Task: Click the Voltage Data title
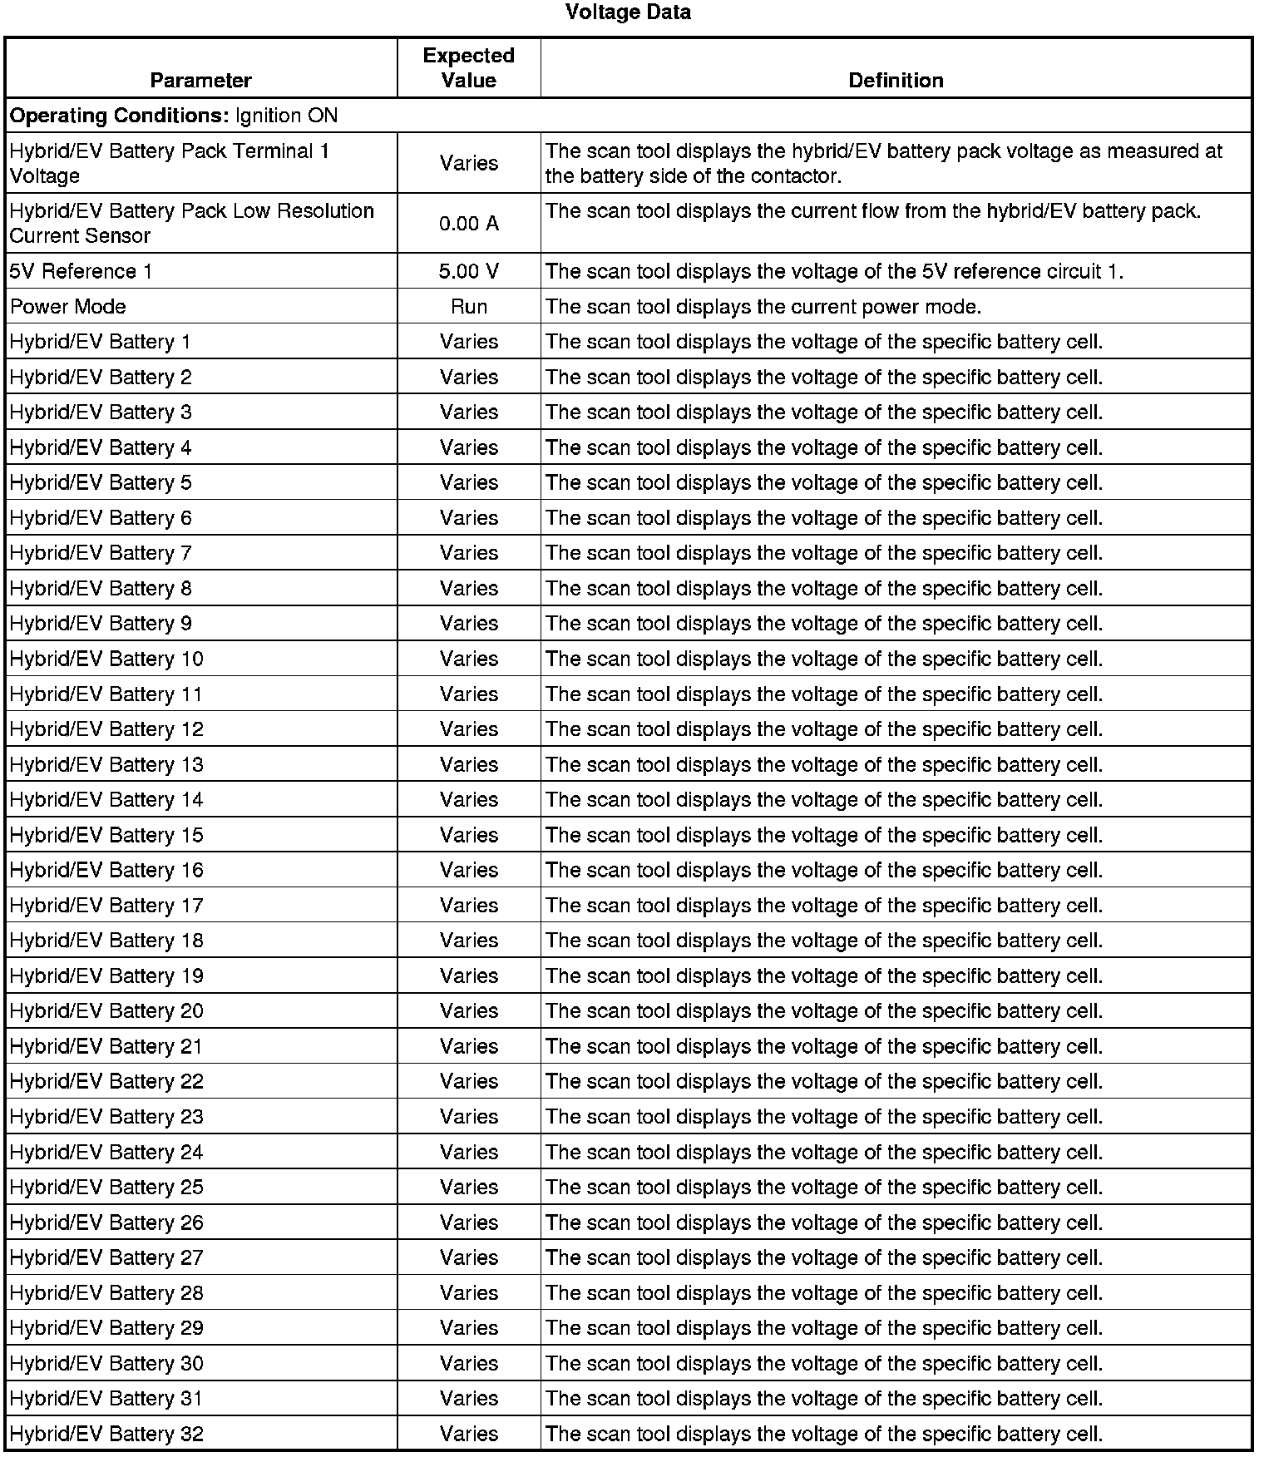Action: tap(628, 12)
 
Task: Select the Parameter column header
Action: tap(200, 81)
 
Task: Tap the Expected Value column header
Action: tap(469, 68)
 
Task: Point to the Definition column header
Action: tap(896, 81)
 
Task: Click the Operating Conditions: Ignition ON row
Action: tap(174, 116)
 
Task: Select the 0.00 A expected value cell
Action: tap(469, 224)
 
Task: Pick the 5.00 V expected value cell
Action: tap(469, 271)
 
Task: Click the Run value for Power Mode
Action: tap(469, 307)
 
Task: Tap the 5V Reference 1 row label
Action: tap(81, 271)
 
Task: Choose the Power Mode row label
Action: tap(68, 307)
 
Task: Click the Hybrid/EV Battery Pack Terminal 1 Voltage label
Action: tap(170, 164)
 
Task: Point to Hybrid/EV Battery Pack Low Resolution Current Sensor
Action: tap(192, 224)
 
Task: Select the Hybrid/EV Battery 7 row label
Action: tap(101, 553)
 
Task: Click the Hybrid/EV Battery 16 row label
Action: tap(106, 870)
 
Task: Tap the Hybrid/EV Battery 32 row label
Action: tap(106, 1434)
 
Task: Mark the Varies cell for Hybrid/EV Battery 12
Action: tap(469, 729)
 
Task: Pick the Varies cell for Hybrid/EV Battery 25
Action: tap(469, 1188)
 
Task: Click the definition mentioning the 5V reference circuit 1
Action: tap(835, 271)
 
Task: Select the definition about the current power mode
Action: tap(763, 307)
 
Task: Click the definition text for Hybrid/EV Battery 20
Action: tap(824, 1011)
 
